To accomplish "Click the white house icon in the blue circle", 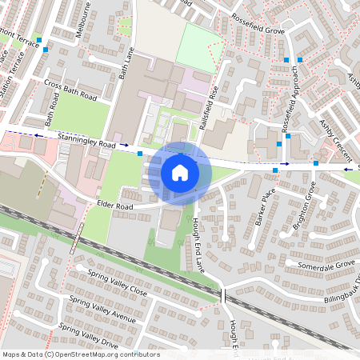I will coord(180,172).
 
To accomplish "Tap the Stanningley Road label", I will coord(86,143).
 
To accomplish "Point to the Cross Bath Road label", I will coord(70,90).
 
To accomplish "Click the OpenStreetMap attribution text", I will coord(81,354).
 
